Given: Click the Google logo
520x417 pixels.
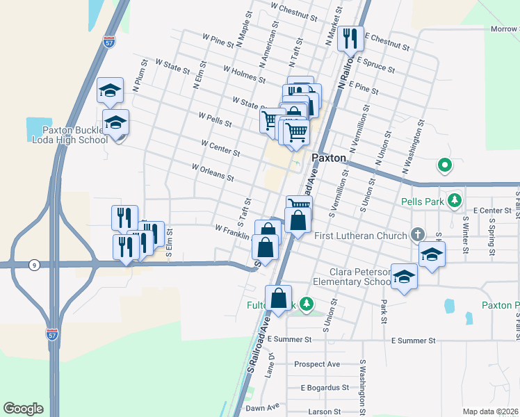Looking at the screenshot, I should click(23, 409).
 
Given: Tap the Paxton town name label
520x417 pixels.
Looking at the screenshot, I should click(329, 158).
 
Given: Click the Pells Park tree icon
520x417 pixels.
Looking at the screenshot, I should click(455, 201).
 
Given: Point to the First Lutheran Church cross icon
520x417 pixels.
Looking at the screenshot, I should click(416, 234).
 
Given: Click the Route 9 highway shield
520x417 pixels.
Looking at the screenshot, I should click(33, 264).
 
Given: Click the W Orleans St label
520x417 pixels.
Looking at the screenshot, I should click(213, 172).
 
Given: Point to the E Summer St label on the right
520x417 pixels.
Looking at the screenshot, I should click(413, 341).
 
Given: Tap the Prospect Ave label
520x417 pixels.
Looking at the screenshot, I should click(316, 363).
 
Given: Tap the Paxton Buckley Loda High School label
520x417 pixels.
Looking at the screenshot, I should click(70, 134).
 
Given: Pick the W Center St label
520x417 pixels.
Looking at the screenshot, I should click(220, 148).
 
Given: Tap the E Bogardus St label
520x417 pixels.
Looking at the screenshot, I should click(324, 387).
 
